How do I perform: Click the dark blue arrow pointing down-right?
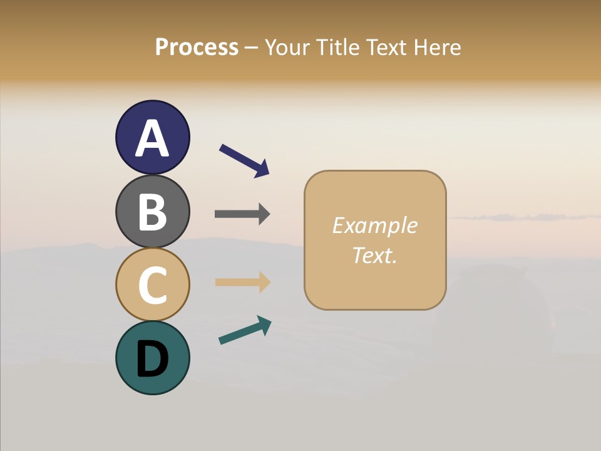pyautogui.click(x=244, y=160)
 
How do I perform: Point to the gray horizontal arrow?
pyautogui.click(x=242, y=214)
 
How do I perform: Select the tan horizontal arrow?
pyautogui.click(x=242, y=282)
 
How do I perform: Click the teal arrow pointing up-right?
pyautogui.click(x=245, y=330)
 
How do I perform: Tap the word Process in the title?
pyautogui.click(x=197, y=47)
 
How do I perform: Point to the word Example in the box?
pyautogui.click(x=374, y=225)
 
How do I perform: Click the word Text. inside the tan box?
pyautogui.click(x=374, y=256)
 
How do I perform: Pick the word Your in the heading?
pyautogui.click(x=286, y=47)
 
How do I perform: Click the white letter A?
pyautogui.click(x=152, y=138)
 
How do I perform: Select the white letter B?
pyautogui.click(x=152, y=212)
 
